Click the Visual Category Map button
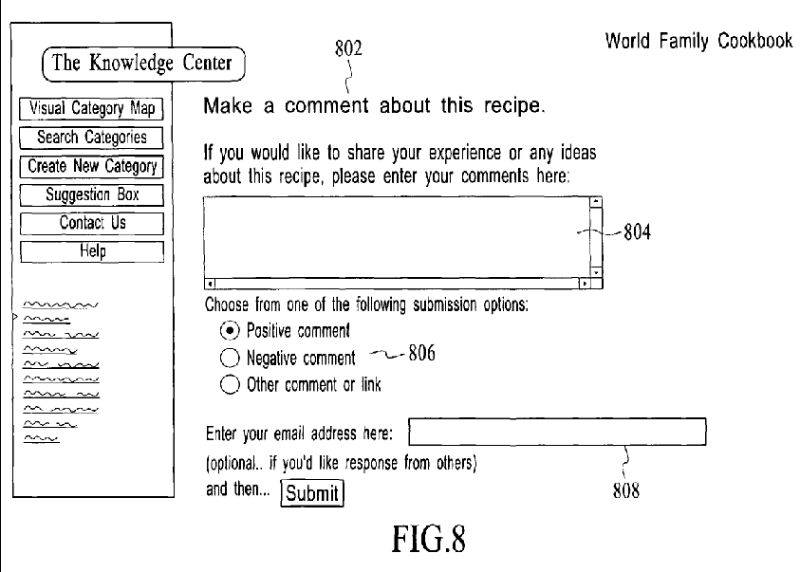tap(91, 108)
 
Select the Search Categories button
tap(91, 138)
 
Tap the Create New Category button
tap(92, 166)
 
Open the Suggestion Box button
tap(92, 194)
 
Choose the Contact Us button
tap(92, 223)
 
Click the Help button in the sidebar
tap(92, 251)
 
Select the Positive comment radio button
tap(230, 331)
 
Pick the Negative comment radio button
tap(230, 358)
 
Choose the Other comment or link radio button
tap(230, 384)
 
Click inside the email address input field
tap(557, 432)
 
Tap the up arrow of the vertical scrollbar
tap(596, 202)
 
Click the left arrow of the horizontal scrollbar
tap(210, 283)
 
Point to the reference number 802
tap(348, 48)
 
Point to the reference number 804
tap(637, 232)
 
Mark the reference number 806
tap(422, 353)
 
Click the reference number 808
tap(626, 491)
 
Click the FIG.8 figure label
tap(429, 540)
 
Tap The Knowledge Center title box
tap(143, 64)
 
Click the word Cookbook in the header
tap(755, 41)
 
